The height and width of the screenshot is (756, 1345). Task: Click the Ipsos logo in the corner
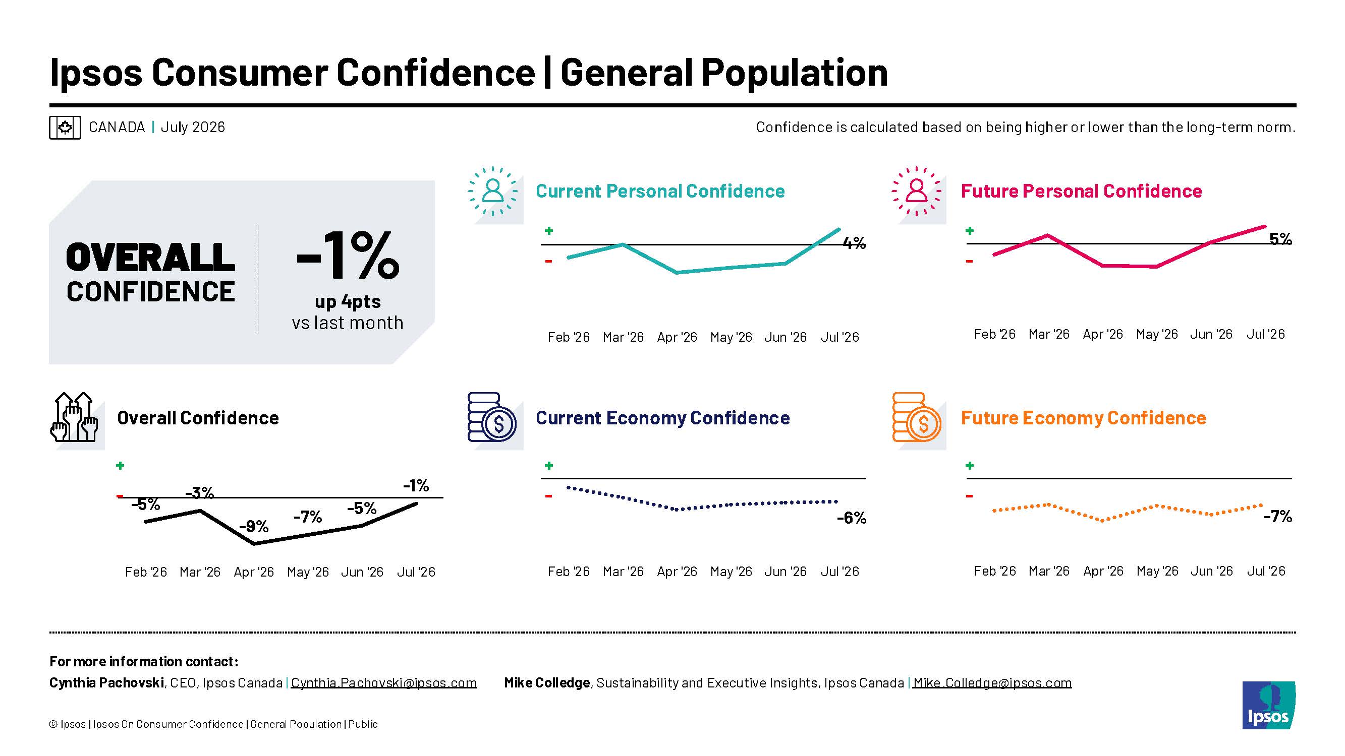coord(1268,705)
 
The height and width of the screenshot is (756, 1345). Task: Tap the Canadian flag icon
coord(65,128)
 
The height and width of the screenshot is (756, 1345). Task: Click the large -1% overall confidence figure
coord(348,255)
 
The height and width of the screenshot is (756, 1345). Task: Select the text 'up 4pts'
coord(348,301)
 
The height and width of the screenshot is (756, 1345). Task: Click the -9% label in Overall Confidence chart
coord(254,526)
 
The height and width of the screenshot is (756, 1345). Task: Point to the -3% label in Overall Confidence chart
coord(199,492)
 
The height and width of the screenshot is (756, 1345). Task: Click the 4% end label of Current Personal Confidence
coord(855,243)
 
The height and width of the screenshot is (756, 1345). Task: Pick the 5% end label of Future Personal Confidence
coord(1280,239)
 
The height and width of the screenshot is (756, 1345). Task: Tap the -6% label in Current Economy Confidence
coord(852,518)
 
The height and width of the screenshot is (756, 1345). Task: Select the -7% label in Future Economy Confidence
coord(1277,517)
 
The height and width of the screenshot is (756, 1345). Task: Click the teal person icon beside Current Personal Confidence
coord(493,192)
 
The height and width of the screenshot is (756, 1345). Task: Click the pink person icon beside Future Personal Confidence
coord(917,192)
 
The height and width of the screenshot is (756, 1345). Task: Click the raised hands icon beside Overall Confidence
coord(74,417)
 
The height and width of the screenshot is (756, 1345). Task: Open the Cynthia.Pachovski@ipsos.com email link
coord(384,682)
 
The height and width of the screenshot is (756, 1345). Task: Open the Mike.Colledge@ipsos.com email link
coord(992,682)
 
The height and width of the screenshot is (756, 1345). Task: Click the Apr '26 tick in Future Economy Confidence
coord(1103,571)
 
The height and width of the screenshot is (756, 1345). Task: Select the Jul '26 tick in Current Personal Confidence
coord(839,337)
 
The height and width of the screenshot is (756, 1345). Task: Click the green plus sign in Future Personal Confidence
coord(970,231)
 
